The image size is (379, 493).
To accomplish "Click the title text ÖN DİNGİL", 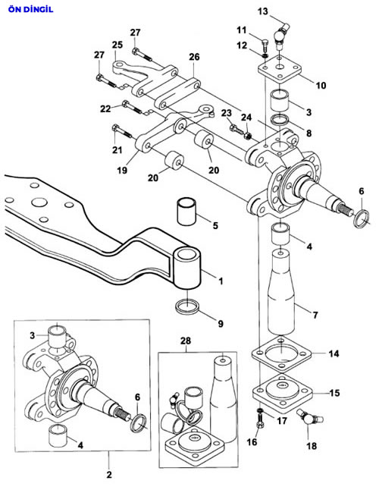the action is click(31, 9).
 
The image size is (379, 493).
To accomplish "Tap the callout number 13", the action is click(263, 11).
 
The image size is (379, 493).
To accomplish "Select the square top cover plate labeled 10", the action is click(280, 69).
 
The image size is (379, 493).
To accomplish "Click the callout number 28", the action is click(186, 341).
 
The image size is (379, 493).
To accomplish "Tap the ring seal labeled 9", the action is click(187, 306).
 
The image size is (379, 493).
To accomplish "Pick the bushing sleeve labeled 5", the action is click(186, 211).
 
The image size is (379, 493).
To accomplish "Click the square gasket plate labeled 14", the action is click(281, 353).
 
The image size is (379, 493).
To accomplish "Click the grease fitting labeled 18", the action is click(310, 417).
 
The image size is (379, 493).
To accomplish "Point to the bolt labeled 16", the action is click(260, 421).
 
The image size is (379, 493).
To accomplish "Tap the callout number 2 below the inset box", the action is click(109, 474).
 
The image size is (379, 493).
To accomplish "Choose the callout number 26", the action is click(194, 57).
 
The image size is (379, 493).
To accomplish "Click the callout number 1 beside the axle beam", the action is click(221, 281).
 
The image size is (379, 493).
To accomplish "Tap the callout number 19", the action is click(122, 170).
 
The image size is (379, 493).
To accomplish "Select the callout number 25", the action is click(117, 45).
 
